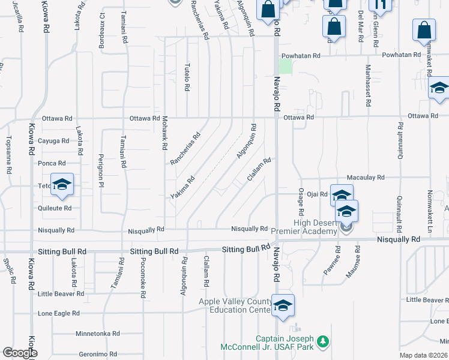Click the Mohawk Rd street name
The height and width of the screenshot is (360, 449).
click(163, 133)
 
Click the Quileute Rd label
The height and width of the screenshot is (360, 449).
click(55, 208)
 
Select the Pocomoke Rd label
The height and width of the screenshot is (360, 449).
click(143, 278)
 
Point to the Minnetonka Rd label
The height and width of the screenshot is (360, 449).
click(98, 334)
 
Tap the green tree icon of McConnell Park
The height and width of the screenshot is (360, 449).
click(323, 341)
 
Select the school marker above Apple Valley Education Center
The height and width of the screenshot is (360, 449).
click(283, 305)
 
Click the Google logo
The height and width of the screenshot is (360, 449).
click(20, 353)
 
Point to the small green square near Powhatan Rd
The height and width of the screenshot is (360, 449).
click(286, 67)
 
